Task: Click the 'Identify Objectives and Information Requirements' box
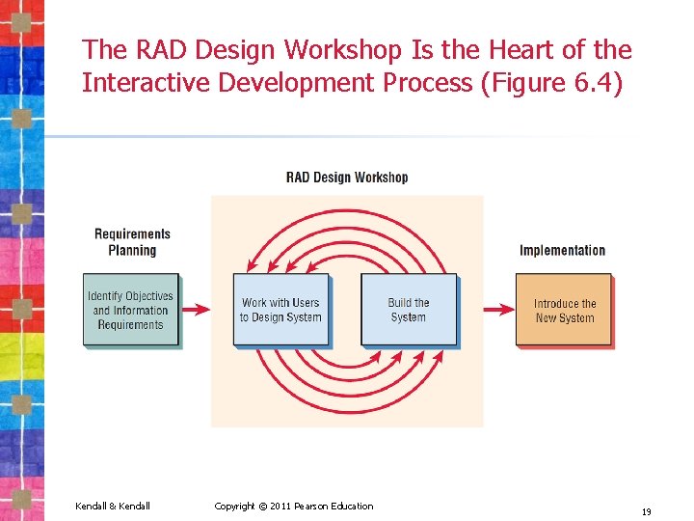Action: point(130,311)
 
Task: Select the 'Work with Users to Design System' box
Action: point(280,310)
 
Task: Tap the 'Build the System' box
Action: point(408,310)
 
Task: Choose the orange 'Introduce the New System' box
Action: point(564,310)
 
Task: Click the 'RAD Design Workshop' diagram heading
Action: point(347,178)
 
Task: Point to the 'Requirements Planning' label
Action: point(132,242)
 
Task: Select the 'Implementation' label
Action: point(562,251)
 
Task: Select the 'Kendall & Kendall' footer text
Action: point(113,507)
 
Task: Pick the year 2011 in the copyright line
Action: point(280,507)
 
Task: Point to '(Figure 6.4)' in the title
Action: point(551,83)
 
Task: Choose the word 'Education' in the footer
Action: point(353,507)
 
